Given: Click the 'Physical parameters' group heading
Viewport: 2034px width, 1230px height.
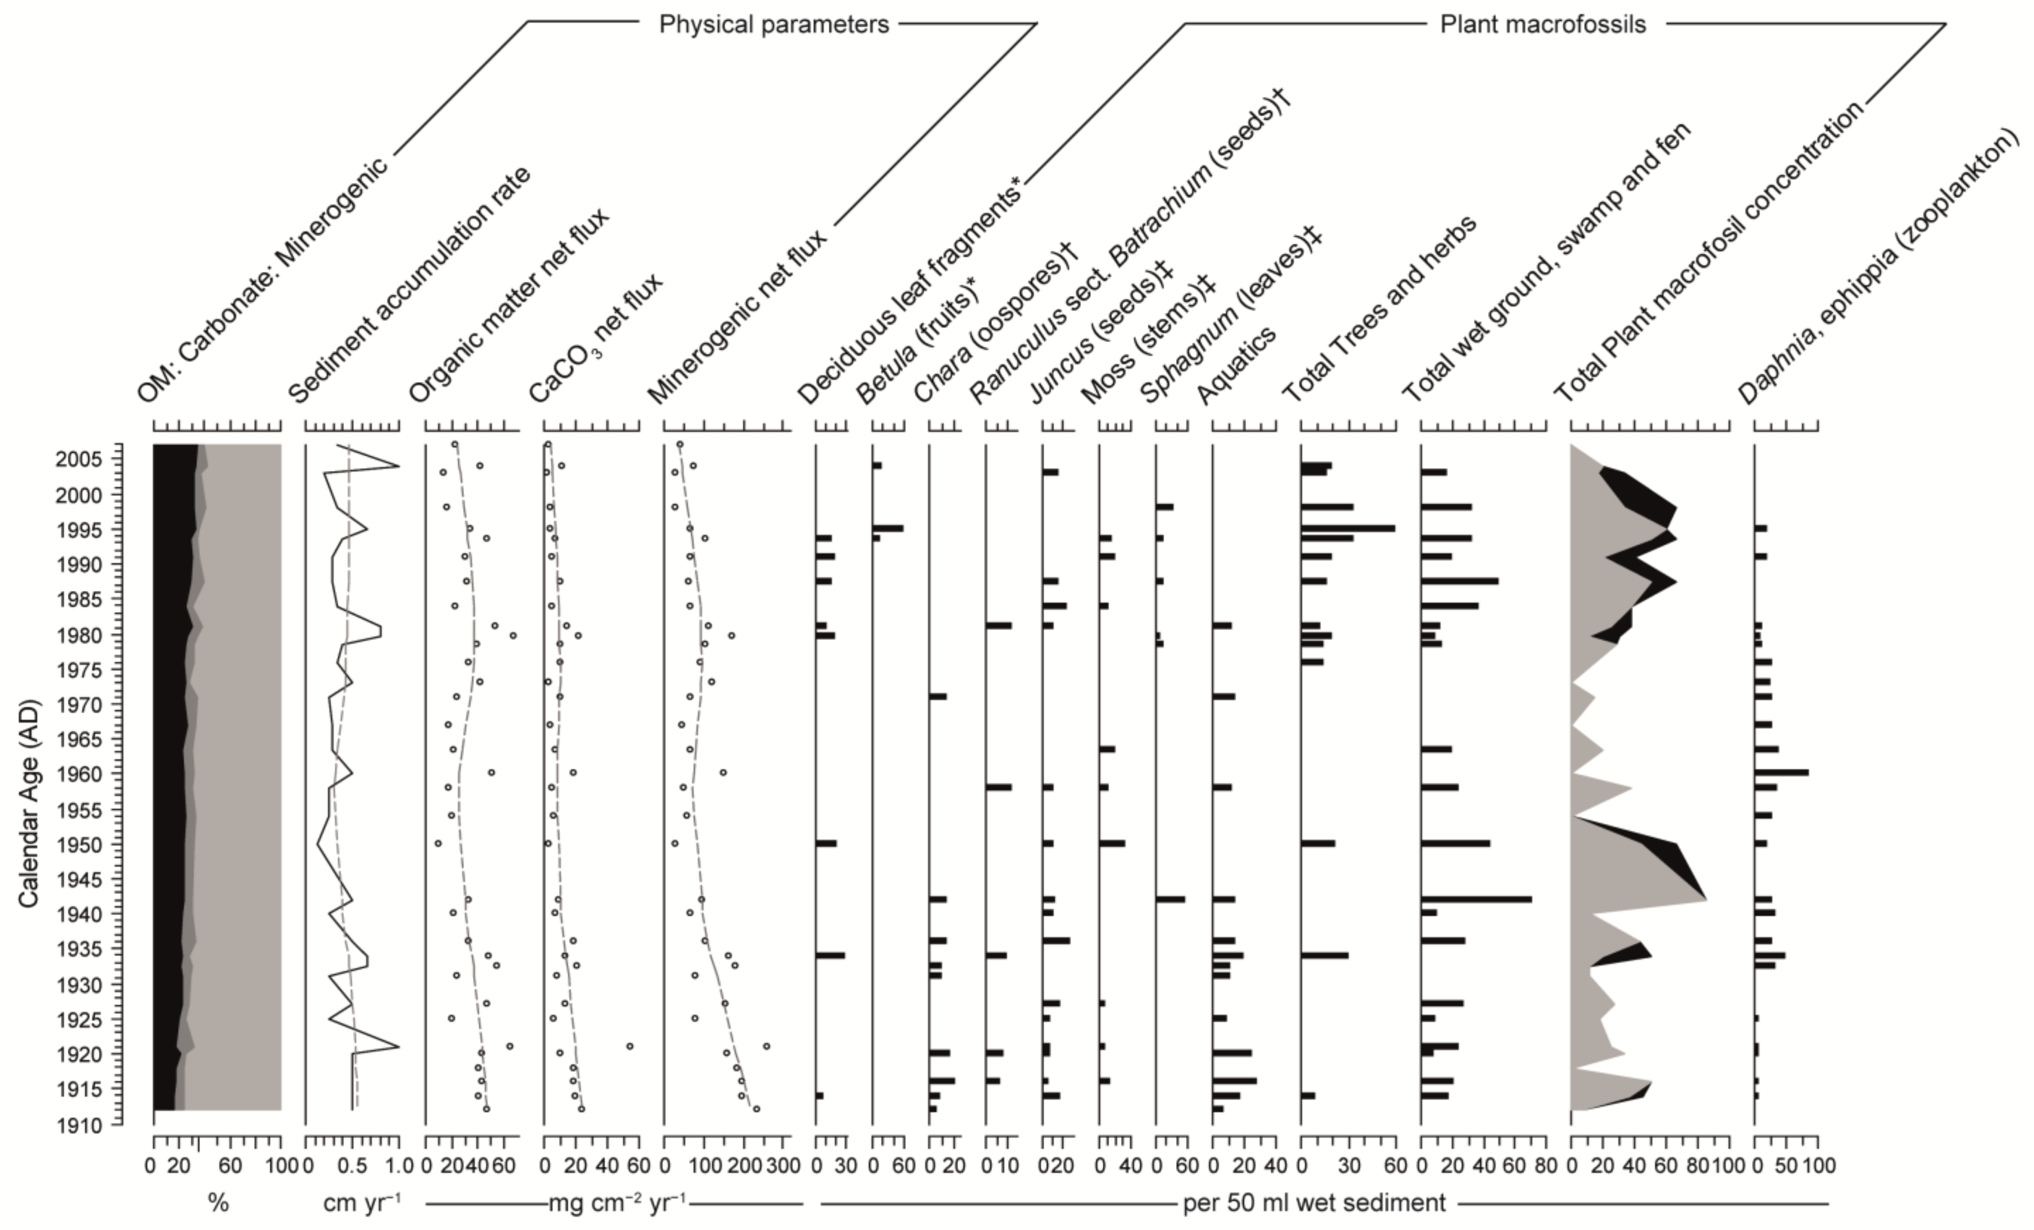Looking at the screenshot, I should [773, 25].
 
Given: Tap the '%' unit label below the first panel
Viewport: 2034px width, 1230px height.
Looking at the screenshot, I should [218, 1203].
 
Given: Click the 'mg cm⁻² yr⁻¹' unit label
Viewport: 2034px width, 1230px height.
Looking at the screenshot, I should [616, 1203].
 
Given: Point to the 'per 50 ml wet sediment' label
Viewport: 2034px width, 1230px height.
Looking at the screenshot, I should [1314, 1203].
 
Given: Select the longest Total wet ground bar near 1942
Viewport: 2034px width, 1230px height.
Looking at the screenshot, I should [1476, 899].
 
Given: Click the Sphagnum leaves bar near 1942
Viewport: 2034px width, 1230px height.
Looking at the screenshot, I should [1170, 899].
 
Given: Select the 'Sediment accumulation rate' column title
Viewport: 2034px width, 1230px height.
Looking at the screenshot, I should [409, 285].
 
